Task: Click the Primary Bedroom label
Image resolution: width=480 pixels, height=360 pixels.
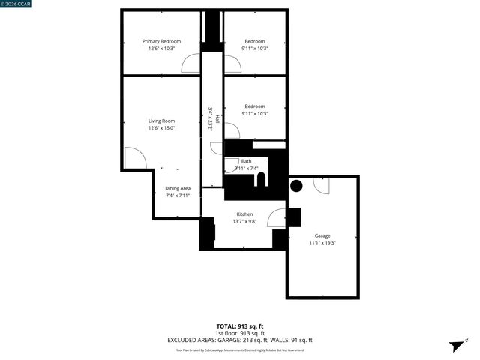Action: tap(161, 41)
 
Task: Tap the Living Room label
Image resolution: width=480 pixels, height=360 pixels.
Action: tap(161, 121)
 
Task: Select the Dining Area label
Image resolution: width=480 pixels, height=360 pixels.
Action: tap(178, 188)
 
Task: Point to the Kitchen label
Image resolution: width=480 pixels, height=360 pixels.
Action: tap(244, 214)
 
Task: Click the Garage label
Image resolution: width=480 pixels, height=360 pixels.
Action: tap(322, 235)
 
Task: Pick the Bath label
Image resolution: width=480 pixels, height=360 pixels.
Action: tap(246, 161)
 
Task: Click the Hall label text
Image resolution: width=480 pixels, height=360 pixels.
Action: tap(218, 118)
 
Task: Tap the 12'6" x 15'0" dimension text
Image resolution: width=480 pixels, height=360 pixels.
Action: tap(161, 128)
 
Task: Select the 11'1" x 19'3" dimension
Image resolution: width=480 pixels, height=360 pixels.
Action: tap(322, 243)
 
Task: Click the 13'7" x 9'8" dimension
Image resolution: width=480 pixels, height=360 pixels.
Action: tap(244, 222)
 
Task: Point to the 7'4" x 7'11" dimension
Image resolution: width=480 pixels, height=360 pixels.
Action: tap(178, 196)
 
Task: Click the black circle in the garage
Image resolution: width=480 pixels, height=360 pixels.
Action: tap(296, 186)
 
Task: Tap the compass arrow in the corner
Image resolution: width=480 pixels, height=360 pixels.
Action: tap(455, 346)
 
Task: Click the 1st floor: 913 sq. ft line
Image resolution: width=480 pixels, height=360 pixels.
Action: tap(240, 333)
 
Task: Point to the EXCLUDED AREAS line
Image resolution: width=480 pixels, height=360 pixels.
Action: tap(240, 340)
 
